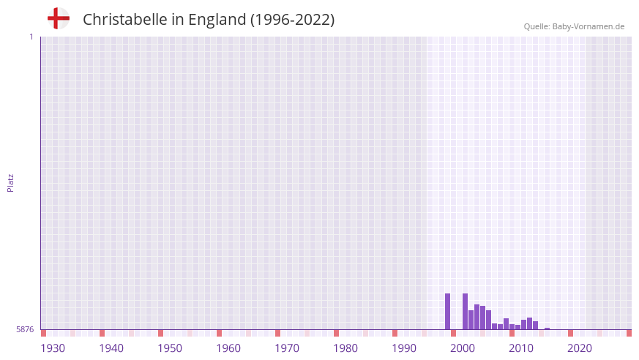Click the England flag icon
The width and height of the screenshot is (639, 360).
pyautogui.click(x=58, y=18)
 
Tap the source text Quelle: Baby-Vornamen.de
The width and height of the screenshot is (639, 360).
pyautogui.click(x=574, y=26)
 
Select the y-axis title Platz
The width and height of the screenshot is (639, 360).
pyautogui.click(x=10, y=182)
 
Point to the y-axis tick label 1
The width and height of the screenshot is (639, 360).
pyautogui.click(x=31, y=37)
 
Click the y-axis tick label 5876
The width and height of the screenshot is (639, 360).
pyautogui.click(x=25, y=330)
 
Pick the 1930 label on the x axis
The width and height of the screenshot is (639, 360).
pyautogui.click(x=53, y=348)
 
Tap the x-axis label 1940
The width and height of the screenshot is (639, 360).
pyautogui.click(x=111, y=348)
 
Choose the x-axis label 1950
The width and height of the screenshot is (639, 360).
pyautogui.click(x=170, y=348)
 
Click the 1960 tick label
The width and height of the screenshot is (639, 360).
pyautogui.click(x=228, y=348)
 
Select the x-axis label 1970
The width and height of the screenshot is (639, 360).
pyautogui.click(x=287, y=348)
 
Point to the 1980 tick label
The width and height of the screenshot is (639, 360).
pyautogui.click(x=345, y=348)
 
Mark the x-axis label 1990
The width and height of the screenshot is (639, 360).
pyautogui.click(x=404, y=348)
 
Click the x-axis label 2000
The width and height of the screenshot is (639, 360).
pyautogui.click(x=463, y=348)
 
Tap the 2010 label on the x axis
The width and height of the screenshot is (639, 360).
pyautogui.click(x=521, y=348)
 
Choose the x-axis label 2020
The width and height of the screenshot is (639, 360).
pyautogui.click(x=580, y=348)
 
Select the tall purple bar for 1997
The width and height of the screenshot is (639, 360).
pyautogui.click(x=448, y=312)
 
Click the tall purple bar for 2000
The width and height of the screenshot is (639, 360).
pyautogui.click(x=466, y=312)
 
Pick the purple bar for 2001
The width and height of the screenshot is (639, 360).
pyautogui.click(x=471, y=320)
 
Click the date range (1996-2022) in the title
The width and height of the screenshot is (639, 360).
pyautogui.click(x=292, y=20)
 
